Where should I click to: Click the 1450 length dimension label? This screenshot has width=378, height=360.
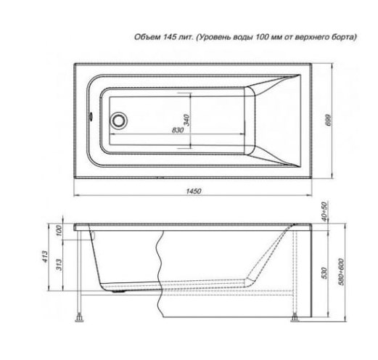[194, 191]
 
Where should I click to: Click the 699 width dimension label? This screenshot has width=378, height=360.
[328, 120]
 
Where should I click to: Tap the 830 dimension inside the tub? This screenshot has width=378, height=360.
[178, 130]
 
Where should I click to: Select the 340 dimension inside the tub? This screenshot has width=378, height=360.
[187, 120]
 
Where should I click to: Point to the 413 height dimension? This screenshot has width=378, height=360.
[45, 257]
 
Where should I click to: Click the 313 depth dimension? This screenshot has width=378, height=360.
[59, 265]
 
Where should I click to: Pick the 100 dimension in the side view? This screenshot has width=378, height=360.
[59, 231]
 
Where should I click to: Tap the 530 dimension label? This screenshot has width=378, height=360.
[324, 273]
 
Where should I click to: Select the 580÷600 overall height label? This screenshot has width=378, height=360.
[341, 272]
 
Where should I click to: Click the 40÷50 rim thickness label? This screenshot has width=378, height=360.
[324, 211]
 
